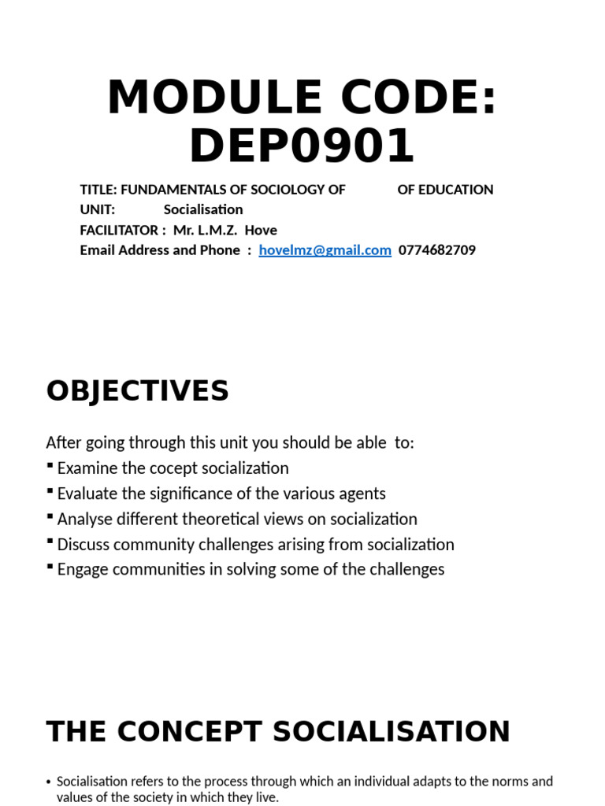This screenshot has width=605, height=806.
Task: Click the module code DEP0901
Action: point(302,146)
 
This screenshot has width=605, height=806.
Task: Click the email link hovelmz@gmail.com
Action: point(325,250)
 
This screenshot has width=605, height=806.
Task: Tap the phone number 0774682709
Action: point(437,250)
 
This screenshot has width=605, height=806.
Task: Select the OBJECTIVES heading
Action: point(138,390)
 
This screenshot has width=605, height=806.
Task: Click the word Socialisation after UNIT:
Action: point(203,209)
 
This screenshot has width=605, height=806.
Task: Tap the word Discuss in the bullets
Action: point(84,544)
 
